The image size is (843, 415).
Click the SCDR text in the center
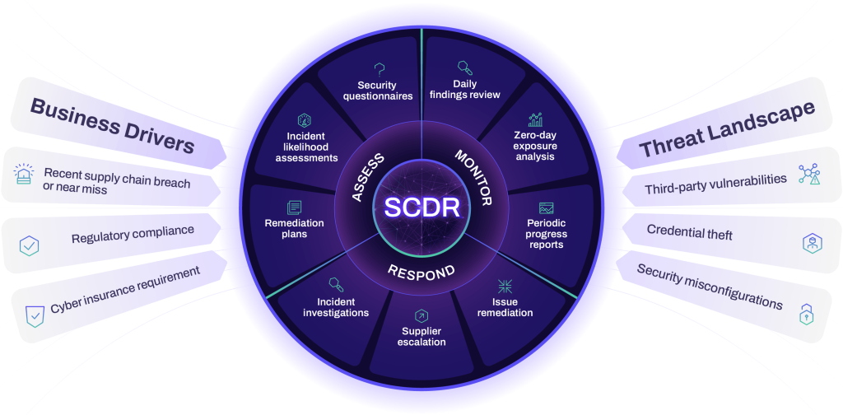click(421, 207)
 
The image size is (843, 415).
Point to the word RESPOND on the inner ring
click(421, 271)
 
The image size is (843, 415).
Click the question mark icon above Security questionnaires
click(380, 69)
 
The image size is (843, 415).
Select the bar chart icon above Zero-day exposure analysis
click(535, 120)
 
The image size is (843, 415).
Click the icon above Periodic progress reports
click(547, 207)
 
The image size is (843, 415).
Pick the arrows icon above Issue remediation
click(505, 287)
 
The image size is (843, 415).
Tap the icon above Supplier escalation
click(421, 315)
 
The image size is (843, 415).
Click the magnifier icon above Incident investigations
click(336, 285)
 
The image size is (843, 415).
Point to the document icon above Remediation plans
click(294, 207)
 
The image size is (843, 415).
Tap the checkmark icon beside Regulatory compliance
click(30, 245)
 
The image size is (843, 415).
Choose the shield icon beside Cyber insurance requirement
click(35, 314)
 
